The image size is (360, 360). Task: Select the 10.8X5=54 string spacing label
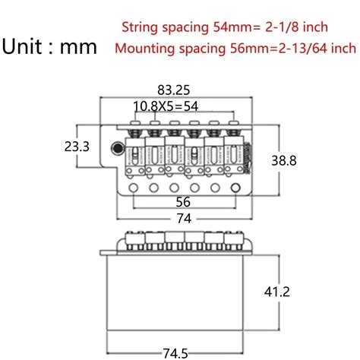[x=166, y=106]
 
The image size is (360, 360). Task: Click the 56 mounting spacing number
[x=182, y=201]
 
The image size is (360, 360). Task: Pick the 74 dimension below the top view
[x=182, y=219]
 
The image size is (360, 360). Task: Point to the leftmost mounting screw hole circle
[x=134, y=187]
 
